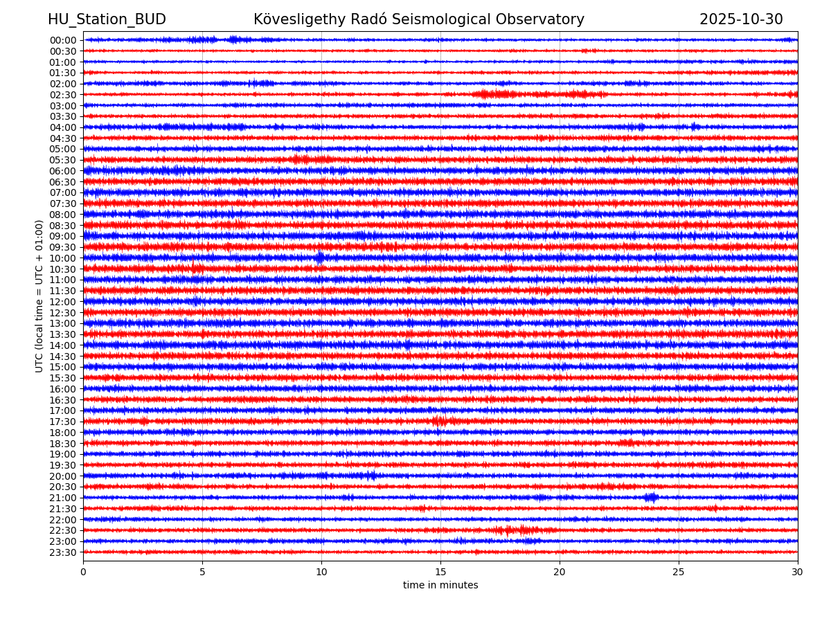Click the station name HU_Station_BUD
(x=107, y=20)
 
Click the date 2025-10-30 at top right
(x=741, y=20)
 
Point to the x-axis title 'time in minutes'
(x=440, y=586)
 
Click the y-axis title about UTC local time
(x=39, y=296)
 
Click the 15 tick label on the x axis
(x=440, y=572)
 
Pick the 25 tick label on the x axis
(x=679, y=572)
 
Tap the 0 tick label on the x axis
(x=83, y=572)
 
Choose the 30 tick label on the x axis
(x=798, y=572)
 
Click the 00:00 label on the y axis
(x=62, y=40)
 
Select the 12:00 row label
(x=62, y=302)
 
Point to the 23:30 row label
(x=62, y=552)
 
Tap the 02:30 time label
(x=62, y=95)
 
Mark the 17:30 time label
(x=62, y=422)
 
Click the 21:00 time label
(x=62, y=498)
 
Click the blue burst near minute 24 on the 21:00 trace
(x=651, y=497)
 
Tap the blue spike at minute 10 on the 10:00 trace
(x=319, y=258)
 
